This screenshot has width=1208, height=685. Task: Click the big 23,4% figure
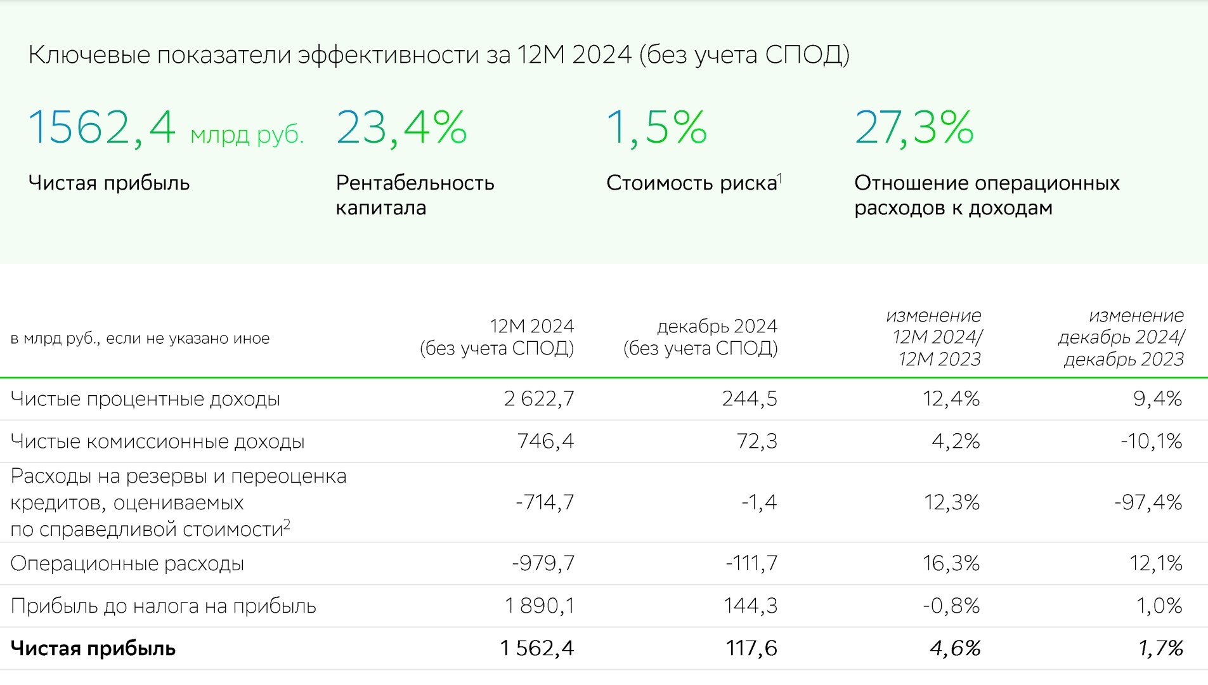(401, 127)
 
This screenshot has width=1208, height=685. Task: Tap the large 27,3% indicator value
(914, 127)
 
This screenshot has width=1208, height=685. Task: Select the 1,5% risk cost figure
(656, 127)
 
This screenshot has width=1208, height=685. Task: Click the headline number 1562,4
(102, 127)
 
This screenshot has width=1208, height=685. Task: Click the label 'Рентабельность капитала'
(415, 195)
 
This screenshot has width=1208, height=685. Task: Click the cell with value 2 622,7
(539, 398)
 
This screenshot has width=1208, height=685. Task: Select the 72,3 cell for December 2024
(757, 441)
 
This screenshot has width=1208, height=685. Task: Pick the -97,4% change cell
(1148, 502)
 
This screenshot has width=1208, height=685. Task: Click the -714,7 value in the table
(545, 502)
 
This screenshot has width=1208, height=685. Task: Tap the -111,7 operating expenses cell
(751, 563)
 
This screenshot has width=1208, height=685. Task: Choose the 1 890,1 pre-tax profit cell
(539, 606)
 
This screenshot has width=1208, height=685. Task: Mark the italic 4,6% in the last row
(954, 648)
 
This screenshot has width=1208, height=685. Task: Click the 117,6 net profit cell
(751, 648)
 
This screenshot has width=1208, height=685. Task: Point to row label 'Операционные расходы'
(127, 563)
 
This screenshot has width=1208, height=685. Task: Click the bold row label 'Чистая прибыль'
(93, 648)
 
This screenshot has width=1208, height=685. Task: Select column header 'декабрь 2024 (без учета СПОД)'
(701, 337)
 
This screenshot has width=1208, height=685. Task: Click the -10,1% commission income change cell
(1151, 441)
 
